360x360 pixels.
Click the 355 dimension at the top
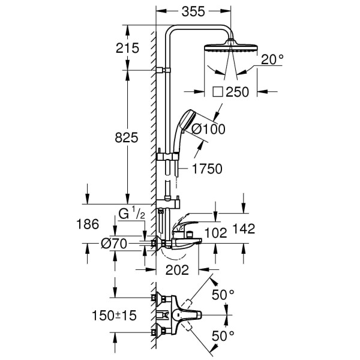tap(193, 11)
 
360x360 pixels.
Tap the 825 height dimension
tap(127, 137)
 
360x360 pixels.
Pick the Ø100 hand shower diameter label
tap(203, 127)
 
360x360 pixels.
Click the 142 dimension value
tap(244, 228)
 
